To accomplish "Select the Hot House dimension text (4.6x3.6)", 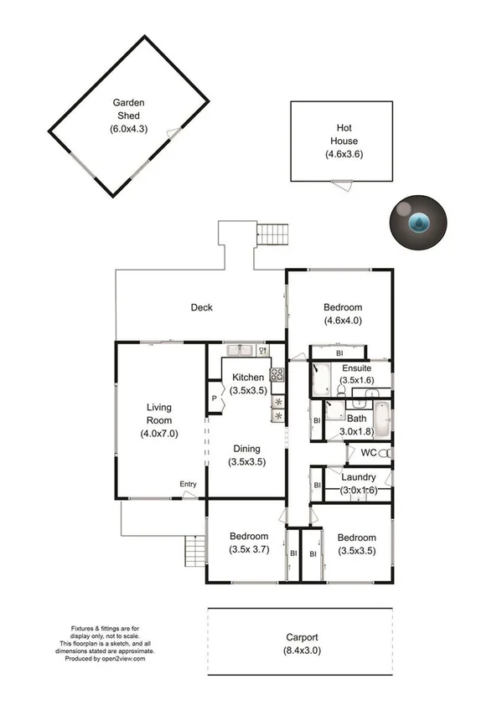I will click(344, 155).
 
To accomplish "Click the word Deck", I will click(201, 307).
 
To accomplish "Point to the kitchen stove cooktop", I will click(276, 375).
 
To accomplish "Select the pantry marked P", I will click(215, 398).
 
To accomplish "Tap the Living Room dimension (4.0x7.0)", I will click(158, 434).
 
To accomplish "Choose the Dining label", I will click(246, 448).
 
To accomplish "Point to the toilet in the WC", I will click(384, 453).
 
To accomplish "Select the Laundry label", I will click(359, 477).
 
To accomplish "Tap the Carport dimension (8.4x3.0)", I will click(300, 650).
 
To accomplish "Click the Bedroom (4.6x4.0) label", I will click(343, 307).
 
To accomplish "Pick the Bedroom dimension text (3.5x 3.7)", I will click(249, 549).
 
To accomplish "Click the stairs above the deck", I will click(272, 234).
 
